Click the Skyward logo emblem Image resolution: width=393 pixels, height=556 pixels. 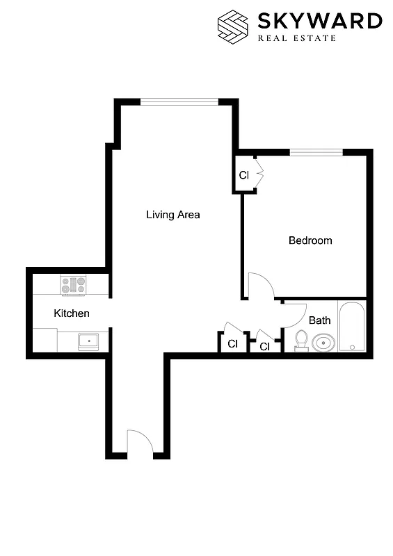(234, 25)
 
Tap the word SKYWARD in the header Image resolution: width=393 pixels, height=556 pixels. (319, 21)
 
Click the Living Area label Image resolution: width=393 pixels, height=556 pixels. (173, 215)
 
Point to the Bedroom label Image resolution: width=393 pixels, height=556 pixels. (310, 241)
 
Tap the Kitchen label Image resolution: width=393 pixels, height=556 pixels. (72, 313)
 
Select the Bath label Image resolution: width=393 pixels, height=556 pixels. (319, 320)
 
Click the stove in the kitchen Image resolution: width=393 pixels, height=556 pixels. (73, 285)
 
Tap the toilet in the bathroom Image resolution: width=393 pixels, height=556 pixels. (301, 340)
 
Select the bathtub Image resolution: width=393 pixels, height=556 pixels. (352, 326)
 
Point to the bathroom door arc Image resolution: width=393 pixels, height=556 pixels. (295, 314)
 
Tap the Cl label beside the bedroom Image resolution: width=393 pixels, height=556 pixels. (243, 175)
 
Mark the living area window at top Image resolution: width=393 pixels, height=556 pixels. (179, 101)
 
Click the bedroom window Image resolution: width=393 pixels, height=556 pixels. (316, 152)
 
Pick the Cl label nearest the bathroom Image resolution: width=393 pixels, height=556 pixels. (265, 346)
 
